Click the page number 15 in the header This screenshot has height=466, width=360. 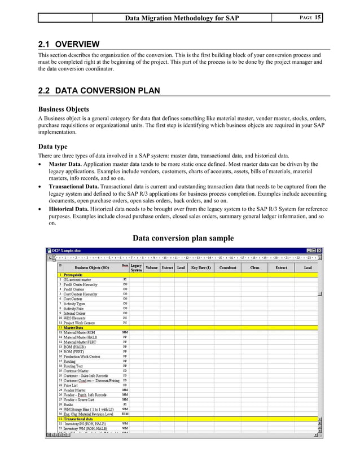[318, 17]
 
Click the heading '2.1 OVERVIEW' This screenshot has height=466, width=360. [68, 44]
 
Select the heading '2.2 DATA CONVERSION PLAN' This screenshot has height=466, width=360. [98, 90]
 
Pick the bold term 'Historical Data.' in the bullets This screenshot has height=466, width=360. [68, 208]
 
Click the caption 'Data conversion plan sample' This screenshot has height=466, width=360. [183, 238]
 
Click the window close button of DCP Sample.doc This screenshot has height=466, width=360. [319, 250]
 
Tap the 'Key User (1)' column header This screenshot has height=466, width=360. [201, 267]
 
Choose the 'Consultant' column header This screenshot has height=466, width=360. [227, 267]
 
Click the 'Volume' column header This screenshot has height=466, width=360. [152, 267]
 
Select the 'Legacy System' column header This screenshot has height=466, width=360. [136, 268]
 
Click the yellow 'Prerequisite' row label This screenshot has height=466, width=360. [73, 274]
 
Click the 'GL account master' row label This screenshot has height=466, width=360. [78, 279]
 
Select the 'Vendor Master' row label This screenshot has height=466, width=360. [75, 390]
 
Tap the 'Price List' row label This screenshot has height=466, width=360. [72, 385]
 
